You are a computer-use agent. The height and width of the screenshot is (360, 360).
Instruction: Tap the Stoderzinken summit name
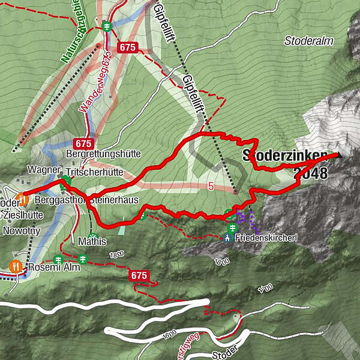pos(285,156)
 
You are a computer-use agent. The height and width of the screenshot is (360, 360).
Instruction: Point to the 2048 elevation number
pos(311,174)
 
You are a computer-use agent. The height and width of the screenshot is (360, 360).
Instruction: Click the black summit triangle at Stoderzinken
pos(340,155)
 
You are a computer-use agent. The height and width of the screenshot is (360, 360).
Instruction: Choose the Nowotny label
pos(20,230)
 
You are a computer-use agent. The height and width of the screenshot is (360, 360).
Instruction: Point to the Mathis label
pos(92,242)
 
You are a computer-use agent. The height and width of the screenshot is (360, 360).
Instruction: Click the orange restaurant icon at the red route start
pos(22,198)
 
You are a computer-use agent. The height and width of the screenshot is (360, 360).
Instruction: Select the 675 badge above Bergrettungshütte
pos(83,143)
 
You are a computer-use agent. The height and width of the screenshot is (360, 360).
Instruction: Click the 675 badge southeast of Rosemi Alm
pos(139,275)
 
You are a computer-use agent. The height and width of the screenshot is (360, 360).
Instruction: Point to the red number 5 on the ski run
pos(211,187)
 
